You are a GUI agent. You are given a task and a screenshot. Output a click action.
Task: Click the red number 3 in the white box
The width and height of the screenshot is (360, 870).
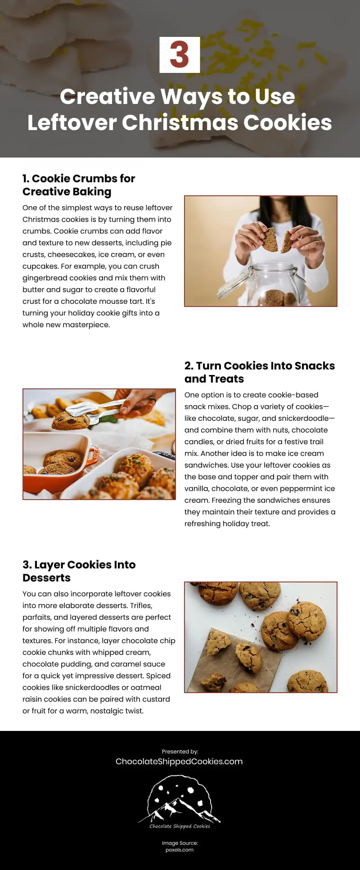(180, 55)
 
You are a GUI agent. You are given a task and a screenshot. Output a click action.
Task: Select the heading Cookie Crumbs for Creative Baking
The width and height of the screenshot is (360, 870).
(79, 185)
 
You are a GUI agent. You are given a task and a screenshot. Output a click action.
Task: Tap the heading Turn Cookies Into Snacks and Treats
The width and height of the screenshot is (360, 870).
(260, 372)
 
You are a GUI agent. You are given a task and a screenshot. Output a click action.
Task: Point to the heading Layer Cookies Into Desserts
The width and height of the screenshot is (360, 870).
(79, 571)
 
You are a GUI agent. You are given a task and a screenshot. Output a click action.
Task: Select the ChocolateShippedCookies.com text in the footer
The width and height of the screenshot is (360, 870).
(179, 761)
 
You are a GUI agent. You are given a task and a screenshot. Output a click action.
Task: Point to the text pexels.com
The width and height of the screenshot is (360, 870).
(180, 850)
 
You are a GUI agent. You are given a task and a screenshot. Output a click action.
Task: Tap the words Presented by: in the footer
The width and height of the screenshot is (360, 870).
(180, 751)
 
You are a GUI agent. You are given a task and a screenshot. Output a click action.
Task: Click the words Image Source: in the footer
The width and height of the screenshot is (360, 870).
(180, 843)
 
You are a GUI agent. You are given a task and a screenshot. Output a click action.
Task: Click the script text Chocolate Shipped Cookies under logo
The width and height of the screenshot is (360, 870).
(180, 826)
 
